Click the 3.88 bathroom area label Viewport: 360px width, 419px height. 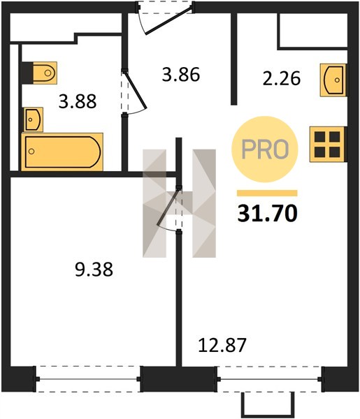coord(78,101)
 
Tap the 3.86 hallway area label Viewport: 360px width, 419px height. coord(181,75)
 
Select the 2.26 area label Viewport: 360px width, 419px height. coord(282,78)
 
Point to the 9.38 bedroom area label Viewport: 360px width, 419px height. coord(94,270)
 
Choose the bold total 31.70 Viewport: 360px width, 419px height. coord(267,214)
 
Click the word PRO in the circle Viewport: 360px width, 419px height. coord(265,149)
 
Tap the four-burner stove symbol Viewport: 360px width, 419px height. coord(327,145)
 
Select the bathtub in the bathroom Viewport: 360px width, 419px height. coord(62,152)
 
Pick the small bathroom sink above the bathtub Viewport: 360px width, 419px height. coord(33,119)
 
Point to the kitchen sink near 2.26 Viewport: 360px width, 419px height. coord(333,80)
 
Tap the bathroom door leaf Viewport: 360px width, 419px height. coord(136,89)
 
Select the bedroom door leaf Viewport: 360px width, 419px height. coord(168,207)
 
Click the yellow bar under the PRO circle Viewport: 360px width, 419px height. coord(267,193)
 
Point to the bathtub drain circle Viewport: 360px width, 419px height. coord(31,152)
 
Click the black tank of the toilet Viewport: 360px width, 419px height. coord(27,73)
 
